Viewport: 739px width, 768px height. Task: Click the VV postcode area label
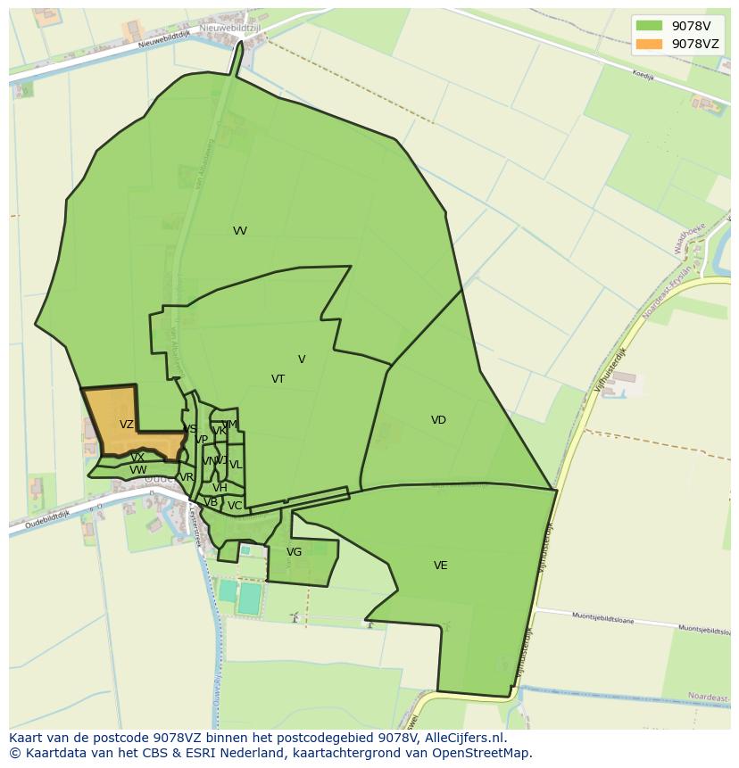240,231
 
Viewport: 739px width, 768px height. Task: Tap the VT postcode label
278,379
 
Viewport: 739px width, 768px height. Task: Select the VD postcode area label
438,420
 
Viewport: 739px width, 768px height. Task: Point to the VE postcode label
440,566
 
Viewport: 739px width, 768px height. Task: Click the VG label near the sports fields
294,552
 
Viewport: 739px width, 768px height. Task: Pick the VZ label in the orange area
127,425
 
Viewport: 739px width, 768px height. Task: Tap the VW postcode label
137,470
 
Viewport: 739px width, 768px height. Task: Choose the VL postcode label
236,465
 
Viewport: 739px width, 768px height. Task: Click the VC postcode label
234,506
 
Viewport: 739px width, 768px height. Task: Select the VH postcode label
220,488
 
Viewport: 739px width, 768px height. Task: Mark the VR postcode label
187,477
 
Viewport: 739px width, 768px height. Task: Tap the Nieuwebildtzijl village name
230,29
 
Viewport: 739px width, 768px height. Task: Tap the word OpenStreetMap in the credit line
481,753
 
